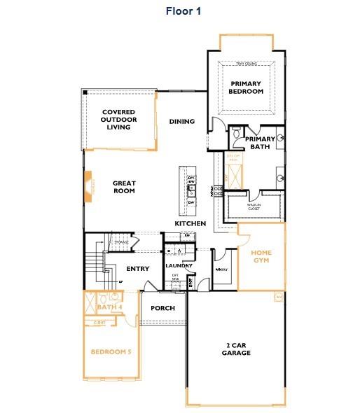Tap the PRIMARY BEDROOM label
tap(247, 87)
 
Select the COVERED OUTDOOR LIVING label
tap(118, 119)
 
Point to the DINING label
tap(182, 122)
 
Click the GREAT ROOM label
tap(124, 187)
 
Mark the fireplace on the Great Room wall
tap(88, 188)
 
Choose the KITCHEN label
tap(191, 223)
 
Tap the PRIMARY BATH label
tap(260, 143)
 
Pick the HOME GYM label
tap(261, 256)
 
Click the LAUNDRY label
tap(179, 266)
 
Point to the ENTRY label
tap(137, 269)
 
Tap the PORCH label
tap(162, 308)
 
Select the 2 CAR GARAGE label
tap(236, 349)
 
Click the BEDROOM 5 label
tap(111, 351)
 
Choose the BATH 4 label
tap(109, 307)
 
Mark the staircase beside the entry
tap(94, 265)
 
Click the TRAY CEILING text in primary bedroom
tap(247, 64)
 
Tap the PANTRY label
tap(223, 269)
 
